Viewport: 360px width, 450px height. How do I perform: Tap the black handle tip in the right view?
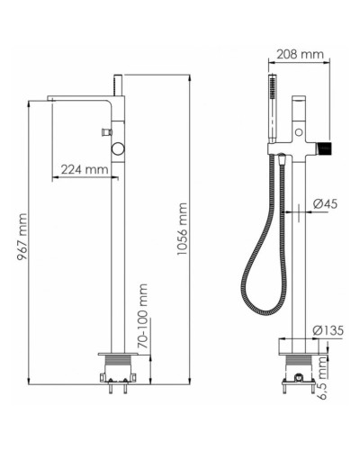331,145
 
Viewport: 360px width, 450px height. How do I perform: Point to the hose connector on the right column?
282,163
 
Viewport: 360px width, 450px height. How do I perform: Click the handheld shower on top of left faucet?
118,82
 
